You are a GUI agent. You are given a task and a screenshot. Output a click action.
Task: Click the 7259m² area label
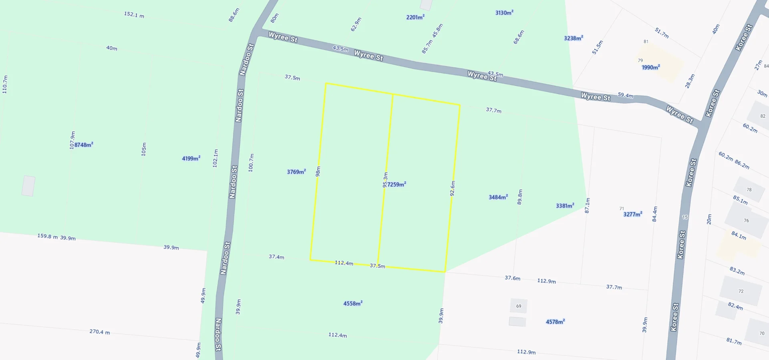click(397, 184)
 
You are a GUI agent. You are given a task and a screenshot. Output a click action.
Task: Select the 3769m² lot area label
click(296, 172)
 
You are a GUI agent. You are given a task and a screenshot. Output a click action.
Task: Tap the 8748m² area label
click(84, 145)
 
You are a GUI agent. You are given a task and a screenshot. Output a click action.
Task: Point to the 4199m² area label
click(191, 158)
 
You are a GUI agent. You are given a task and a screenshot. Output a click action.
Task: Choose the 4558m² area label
click(353, 303)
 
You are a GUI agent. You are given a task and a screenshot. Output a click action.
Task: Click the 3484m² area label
click(498, 197)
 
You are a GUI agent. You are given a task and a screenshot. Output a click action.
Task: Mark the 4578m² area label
click(555, 322)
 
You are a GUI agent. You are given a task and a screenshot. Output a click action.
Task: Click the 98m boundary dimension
click(318, 171)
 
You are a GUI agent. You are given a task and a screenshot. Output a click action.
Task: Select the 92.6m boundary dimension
click(453, 188)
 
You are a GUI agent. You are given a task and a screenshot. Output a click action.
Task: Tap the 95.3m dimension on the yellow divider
click(385, 180)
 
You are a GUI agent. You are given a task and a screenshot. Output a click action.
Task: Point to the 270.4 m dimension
click(99, 332)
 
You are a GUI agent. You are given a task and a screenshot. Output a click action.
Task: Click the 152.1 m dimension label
click(134, 15)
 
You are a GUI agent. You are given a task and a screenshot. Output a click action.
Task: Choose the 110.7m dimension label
click(5, 84)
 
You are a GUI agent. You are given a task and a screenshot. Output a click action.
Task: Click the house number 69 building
click(519, 306)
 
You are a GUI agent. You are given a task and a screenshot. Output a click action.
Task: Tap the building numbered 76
click(746, 221)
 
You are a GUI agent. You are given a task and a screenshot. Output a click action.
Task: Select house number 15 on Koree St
click(685, 217)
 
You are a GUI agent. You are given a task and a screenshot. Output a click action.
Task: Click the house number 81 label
click(646, 42)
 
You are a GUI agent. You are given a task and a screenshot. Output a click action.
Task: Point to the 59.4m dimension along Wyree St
click(626, 95)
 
